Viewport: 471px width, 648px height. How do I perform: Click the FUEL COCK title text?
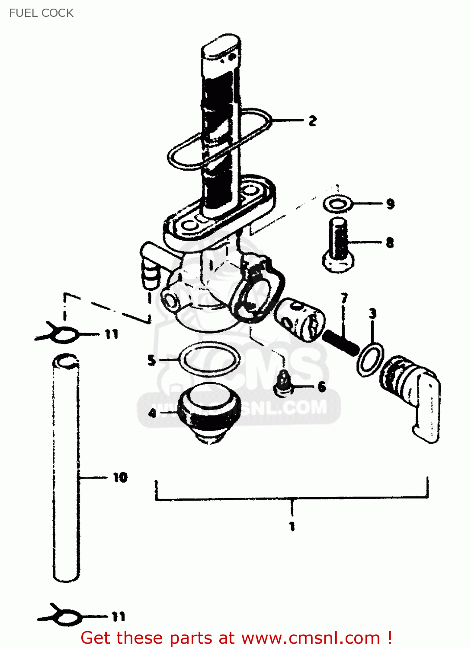click(41, 13)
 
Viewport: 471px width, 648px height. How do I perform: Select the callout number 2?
click(312, 121)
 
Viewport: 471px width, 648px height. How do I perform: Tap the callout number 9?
click(390, 203)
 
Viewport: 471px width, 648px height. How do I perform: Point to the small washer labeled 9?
click(337, 203)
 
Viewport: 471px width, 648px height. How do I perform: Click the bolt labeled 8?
click(338, 246)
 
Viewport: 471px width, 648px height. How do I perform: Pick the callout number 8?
click(390, 242)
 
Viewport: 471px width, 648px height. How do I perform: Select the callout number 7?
click(344, 298)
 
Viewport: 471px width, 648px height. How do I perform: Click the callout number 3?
click(372, 314)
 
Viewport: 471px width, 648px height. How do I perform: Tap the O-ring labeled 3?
click(370, 359)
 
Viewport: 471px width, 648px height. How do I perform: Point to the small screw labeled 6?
click(283, 384)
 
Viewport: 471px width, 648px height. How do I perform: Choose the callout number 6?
click(322, 387)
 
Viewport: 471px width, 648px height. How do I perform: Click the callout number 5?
click(151, 360)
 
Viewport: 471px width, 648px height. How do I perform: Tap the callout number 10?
click(120, 477)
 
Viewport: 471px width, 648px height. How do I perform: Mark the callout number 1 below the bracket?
click(292, 526)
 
